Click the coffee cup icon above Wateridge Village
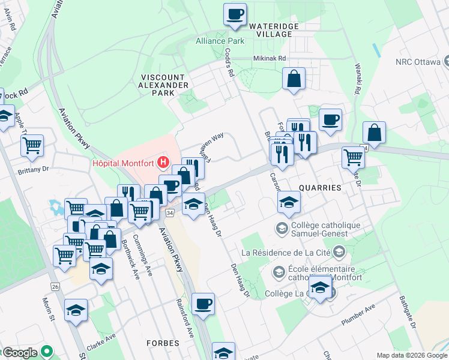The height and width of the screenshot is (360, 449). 235,14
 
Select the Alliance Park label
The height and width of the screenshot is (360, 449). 220,41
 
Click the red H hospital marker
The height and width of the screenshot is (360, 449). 161,163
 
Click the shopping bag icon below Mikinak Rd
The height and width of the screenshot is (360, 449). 294,79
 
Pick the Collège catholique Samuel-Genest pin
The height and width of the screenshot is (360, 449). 281,229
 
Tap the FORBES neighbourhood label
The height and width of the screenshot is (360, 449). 163,343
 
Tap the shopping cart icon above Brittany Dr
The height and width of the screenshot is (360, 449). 32,144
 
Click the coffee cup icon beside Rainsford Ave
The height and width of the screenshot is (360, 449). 203,304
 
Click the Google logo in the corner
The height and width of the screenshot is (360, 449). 20,352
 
